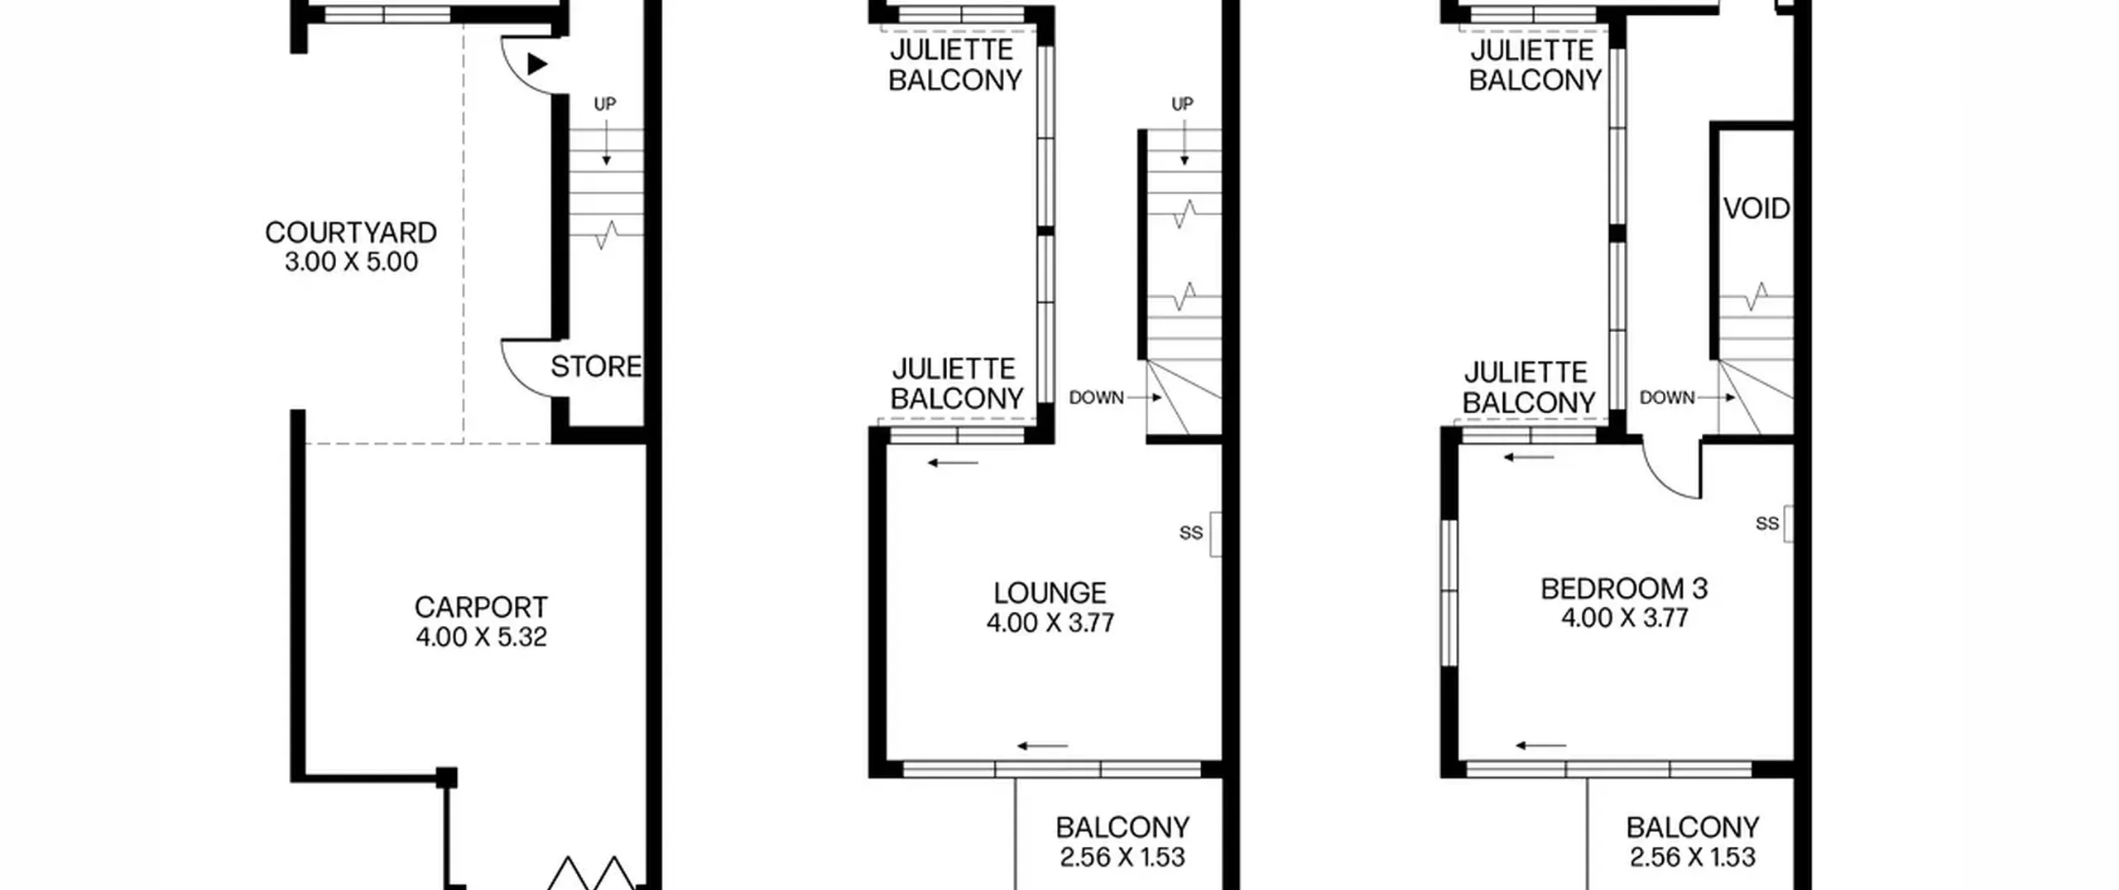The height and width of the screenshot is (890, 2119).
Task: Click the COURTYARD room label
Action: pyautogui.click(x=351, y=233)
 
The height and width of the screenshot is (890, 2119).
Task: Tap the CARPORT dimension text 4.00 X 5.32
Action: pyautogui.click(x=481, y=637)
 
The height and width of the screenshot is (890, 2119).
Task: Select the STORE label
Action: pyautogui.click(x=596, y=367)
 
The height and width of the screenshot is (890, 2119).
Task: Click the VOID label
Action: pyautogui.click(x=1756, y=209)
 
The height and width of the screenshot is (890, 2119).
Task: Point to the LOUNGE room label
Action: pyautogui.click(x=1050, y=593)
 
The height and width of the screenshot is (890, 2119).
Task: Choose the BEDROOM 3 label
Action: pyautogui.click(x=1624, y=589)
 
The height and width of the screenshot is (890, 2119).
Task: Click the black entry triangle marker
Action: pyautogui.click(x=537, y=64)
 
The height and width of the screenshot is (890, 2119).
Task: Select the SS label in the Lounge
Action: pyautogui.click(x=1190, y=533)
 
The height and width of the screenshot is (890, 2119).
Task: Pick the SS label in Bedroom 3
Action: pyautogui.click(x=1767, y=523)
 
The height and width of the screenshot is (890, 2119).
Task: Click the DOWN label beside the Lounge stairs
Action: pyautogui.click(x=1096, y=397)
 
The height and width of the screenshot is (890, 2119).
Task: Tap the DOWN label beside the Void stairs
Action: pyautogui.click(x=1667, y=397)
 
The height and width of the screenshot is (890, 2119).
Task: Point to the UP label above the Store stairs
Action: pyautogui.click(x=605, y=104)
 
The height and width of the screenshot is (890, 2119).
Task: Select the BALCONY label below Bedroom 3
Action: pyautogui.click(x=1693, y=828)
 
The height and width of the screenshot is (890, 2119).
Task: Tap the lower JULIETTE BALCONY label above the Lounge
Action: pyautogui.click(x=957, y=384)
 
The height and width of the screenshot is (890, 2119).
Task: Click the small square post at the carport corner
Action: pyautogui.click(x=446, y=777)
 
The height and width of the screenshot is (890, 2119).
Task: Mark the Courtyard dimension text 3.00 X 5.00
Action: pyautogui.click(x=351, y=262)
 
